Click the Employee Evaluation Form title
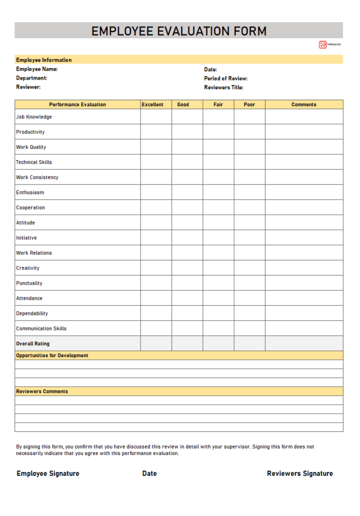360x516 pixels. tap(179, 31)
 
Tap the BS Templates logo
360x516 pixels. tap(330, 45)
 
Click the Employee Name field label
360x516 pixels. tap(37, 69)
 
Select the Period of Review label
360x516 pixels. tap(226, 78)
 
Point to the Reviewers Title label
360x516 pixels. tap(224, 87)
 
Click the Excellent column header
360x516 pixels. tap(153, 105)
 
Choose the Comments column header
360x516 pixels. tap(304, 105)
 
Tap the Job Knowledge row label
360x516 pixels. tap(34, 117)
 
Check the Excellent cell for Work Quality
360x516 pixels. tap(156, 147)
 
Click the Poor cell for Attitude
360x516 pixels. tap(249, 223)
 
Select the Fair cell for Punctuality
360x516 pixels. tap(218, 283)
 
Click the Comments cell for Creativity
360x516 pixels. tap(304, 268)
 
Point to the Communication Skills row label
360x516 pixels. tap(41, 329)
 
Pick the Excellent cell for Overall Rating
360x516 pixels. tap(156, 344)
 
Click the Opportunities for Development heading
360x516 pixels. tap(52, 356)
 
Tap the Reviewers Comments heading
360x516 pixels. tap(42, 392)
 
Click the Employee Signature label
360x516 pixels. tap(48, 474)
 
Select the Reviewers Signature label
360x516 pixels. tap(300, 474)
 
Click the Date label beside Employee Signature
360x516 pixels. tap(150, 474)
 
